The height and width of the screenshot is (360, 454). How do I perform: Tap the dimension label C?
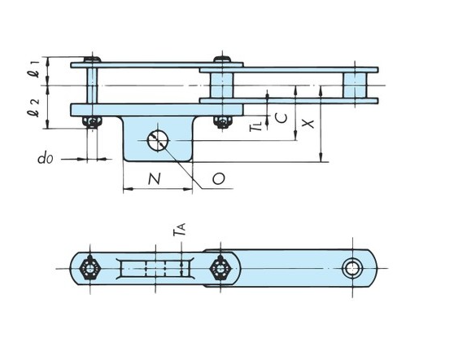coord(281,117)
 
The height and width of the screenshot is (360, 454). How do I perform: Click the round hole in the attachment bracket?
coord(157,140)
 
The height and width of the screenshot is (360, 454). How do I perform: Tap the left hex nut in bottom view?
coord(90,267)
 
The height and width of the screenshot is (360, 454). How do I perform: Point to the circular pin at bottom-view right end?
coord(353,267)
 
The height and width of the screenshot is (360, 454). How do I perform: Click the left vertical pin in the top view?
coord(94,86)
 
